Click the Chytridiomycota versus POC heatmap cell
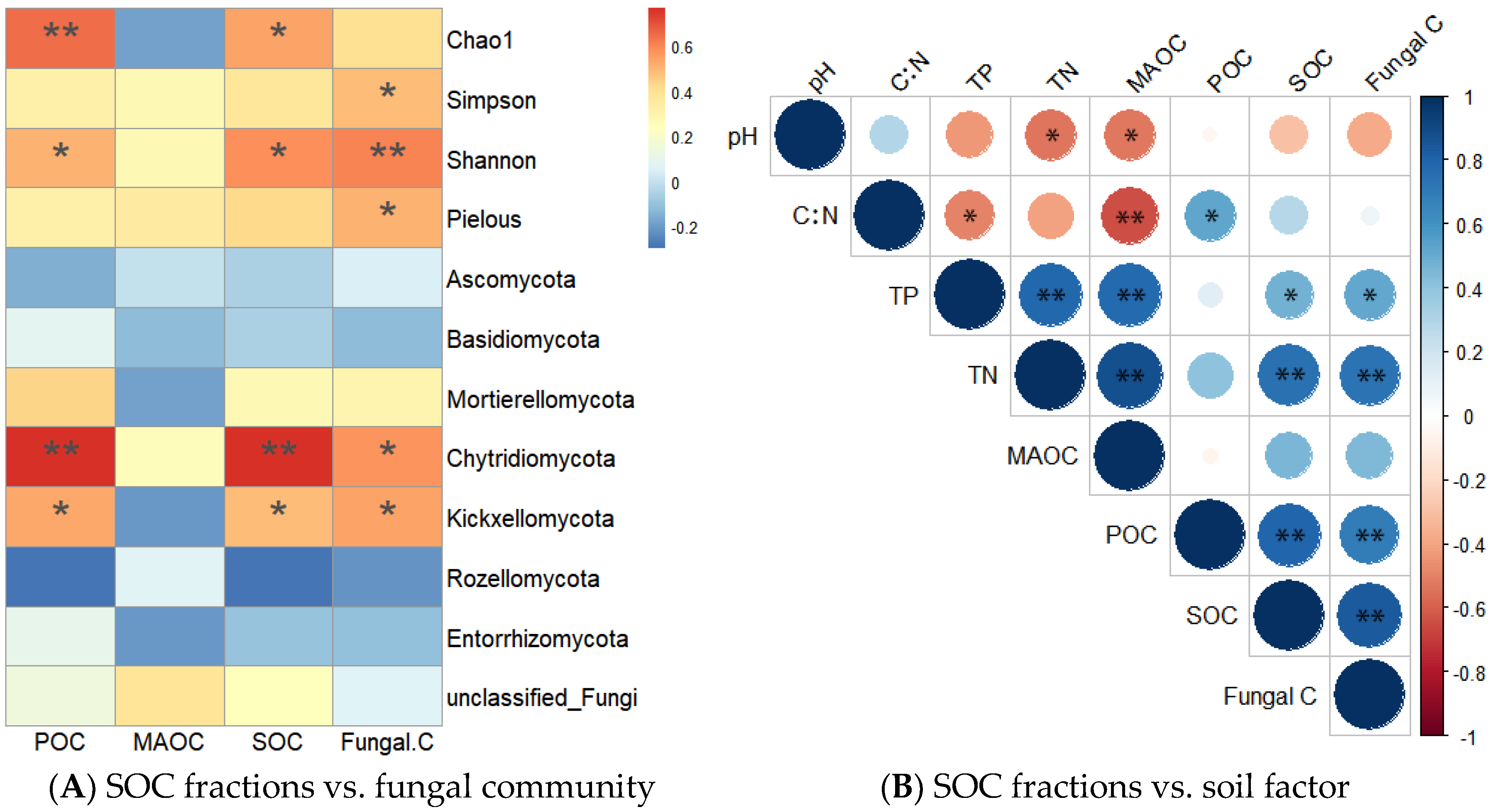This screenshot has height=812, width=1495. click(60, 457)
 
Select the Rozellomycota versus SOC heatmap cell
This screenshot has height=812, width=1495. click(279, 577)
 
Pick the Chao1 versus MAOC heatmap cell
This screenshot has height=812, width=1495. click(169, 38)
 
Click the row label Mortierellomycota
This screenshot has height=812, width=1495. click(540, 400)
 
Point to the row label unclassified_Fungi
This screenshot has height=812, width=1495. click(541, 698)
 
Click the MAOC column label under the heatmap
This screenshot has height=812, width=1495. click(168, 742)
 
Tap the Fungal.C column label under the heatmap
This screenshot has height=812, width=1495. click(387, 742)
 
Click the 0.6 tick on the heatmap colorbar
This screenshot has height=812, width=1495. click(682, 48)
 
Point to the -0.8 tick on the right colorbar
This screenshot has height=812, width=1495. click(1468, 674)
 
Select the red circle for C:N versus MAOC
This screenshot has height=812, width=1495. click(1129, 216)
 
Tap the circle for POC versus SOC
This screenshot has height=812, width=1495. click(1289, 535)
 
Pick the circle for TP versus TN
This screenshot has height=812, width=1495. click(1050, 296)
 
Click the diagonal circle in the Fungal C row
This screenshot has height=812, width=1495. click(1369, 695)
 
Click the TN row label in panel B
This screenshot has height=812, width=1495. click(982, 376)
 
